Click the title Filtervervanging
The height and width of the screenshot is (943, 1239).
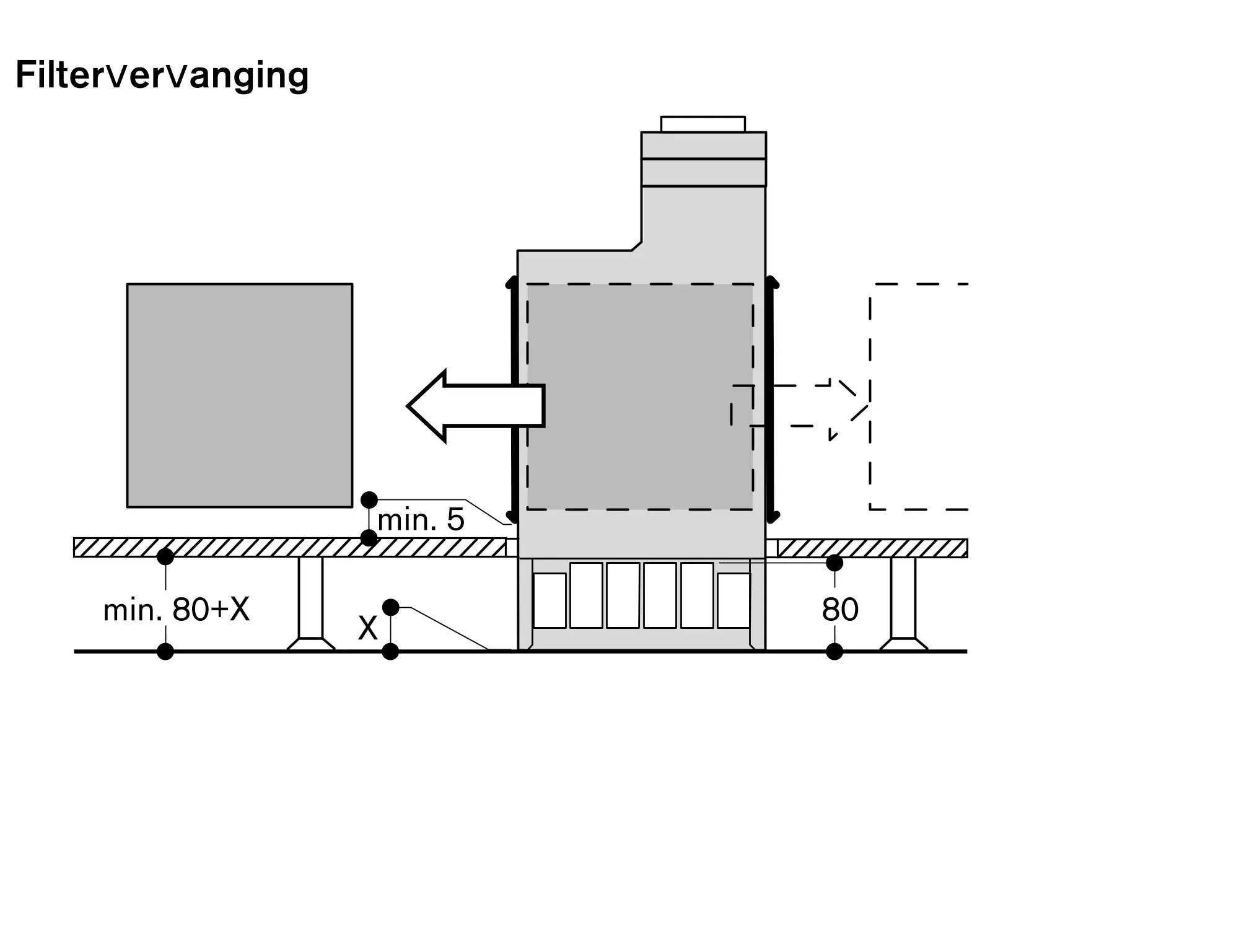(162, 76)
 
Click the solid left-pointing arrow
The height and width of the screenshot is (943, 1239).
(475, 406)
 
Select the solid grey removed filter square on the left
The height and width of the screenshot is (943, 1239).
(240, 395)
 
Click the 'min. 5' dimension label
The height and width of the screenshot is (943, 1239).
(421, 520)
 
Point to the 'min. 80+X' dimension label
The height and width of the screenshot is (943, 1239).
(177, 610)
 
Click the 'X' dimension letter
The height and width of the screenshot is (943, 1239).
(367, 629)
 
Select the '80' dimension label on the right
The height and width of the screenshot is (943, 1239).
(840, 610)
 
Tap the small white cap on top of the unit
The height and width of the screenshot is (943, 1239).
(703, 124)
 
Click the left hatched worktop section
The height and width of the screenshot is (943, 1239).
(289, 548)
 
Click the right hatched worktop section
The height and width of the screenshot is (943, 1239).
(872, 548)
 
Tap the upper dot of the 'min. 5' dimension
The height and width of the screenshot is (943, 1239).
(369, 499)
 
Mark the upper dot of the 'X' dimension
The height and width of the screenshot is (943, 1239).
(390, 607)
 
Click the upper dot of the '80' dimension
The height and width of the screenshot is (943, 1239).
(834, 563)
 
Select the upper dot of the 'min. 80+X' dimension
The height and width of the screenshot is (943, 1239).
(165, 556)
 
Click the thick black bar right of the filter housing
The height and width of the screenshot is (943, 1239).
(770, 399)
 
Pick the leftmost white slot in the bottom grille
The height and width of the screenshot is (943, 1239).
(549, 600)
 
